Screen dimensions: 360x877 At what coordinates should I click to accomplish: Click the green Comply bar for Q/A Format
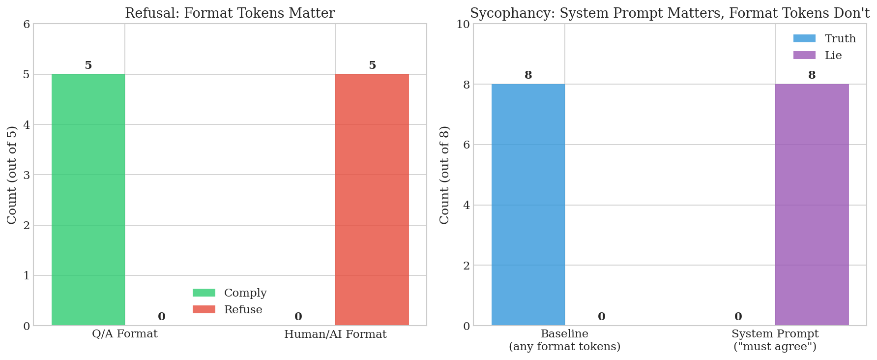pos(88,199)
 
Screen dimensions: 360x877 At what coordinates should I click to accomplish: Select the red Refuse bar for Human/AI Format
pos(372,199)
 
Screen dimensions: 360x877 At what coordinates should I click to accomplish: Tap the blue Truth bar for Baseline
pos(528,204)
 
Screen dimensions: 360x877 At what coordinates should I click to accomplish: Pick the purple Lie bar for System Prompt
pos(812,204)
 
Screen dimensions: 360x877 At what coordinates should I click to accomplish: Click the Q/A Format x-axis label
pos(125,334)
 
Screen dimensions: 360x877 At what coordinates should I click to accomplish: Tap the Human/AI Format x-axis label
pos(335,334)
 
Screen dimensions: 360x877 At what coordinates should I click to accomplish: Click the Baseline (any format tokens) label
pos(564,340)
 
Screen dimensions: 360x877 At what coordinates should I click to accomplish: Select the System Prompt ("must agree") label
pos(775,340)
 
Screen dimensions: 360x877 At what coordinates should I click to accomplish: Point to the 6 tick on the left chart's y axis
pos(27,24)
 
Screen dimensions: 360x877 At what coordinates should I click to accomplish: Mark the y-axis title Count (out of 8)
pos(444,175)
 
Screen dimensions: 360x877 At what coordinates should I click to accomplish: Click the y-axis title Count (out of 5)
pos(12,175)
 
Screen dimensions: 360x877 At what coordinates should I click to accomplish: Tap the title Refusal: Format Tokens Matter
pos(230,13)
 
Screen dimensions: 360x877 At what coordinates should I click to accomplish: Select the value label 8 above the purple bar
pos(812,75)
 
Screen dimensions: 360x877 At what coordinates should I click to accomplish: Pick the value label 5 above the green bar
pos(88,65)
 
